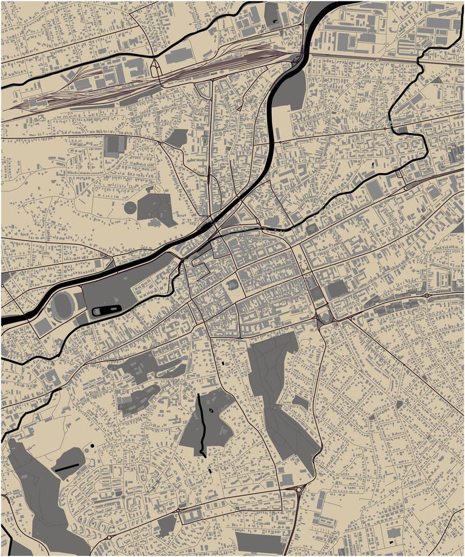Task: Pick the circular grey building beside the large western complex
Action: click(130, 207)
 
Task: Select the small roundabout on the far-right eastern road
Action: click(426, 295)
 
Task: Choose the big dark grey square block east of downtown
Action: click(337, 289)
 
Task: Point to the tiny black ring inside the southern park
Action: click(210, 410)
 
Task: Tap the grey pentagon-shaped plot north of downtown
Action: click(176, 138)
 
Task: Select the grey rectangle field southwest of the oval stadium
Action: click(42, 327)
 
